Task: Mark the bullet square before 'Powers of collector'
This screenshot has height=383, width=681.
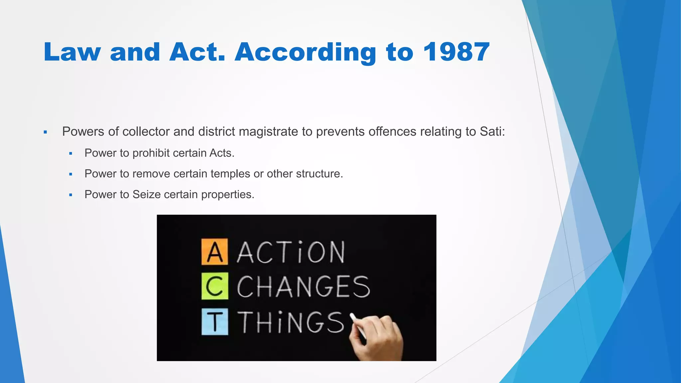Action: click(46, 132)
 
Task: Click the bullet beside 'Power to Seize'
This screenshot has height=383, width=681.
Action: click(70, 195)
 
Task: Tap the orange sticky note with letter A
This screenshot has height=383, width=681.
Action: click(215, 252)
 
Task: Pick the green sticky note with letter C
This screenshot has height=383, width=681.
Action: click(215, 286)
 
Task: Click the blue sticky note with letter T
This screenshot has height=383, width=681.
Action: click(215, 321)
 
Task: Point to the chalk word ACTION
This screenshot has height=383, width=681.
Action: click(291, 253)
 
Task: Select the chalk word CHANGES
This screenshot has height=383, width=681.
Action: click(303, 287)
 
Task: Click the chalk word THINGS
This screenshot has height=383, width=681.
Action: click(291, 322)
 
